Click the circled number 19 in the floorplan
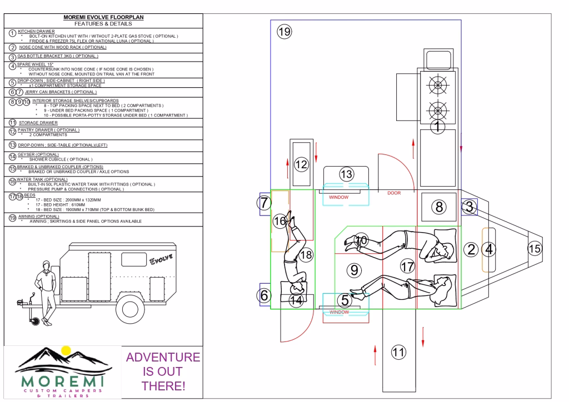pyautogui.click(x=284, y=32)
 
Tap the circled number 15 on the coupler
pyautogui.click(x=535, y=249)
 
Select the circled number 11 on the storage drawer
pyautogui.click(x=398, y=352)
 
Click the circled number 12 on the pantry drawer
pyautogui.click(x=301, y=164)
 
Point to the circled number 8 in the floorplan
pyautogui.click(x=439, y=207)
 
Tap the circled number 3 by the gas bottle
pyautogui.click(x=469, y=207)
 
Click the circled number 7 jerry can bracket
pyautogui.click(x=264, y=203)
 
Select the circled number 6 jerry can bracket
pyautogui.click(x=264, y=295)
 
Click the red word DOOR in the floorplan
pyautogui.click(x=394, y=193)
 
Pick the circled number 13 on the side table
pyautogui.click(x=347, y=174)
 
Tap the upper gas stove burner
pyautogui.click(x=438, y=86)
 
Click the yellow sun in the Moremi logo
pyautogui.click(x=66, y=350)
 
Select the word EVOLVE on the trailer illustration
pyautogui.click(x=161, y=259)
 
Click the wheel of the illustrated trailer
pyautogui.click(x=130, y=309)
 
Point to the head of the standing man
pyautogui.click(x=46, y=265)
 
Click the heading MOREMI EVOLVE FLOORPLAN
pyautogui.click(x=103, y=17)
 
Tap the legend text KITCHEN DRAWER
pyautogui.click(x=36, y=32)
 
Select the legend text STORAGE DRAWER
pyautogui.click(x=38, y=123)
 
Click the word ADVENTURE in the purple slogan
pyautogui.click(x=163, y=357)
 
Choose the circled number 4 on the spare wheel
pyautogui.click(x=489, y=249)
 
